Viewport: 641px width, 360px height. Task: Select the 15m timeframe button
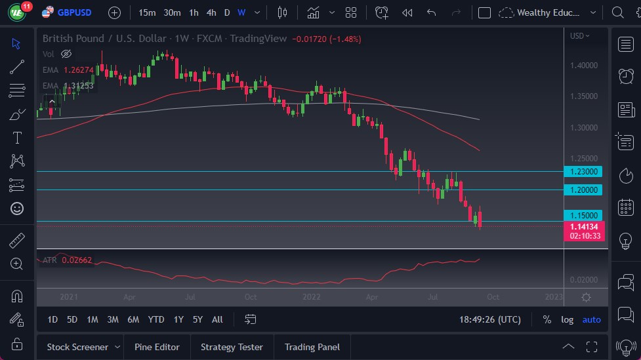[147, 12]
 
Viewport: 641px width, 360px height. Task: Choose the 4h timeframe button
[211, 12]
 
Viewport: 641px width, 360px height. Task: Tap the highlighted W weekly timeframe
[241, 12]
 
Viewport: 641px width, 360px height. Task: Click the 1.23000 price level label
[583, 171]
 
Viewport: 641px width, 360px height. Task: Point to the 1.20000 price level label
[583, 190]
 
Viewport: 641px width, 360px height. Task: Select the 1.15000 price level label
[583, 215]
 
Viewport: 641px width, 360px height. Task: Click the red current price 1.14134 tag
[583, 226]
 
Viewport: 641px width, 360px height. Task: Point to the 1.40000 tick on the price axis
[583, 66]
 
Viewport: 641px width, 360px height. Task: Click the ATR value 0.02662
[77, 260]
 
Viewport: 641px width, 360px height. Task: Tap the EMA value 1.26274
[79, 70]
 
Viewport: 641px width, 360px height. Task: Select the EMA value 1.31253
[79, 85]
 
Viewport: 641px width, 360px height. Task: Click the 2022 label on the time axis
[311, 297]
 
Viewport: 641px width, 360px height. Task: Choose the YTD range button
[156, 319]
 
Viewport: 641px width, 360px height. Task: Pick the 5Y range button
[197, 319]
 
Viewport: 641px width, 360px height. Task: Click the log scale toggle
[567, 319]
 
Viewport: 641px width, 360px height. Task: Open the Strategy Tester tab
[232, 347]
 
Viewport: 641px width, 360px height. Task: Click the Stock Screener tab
[77, 347]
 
